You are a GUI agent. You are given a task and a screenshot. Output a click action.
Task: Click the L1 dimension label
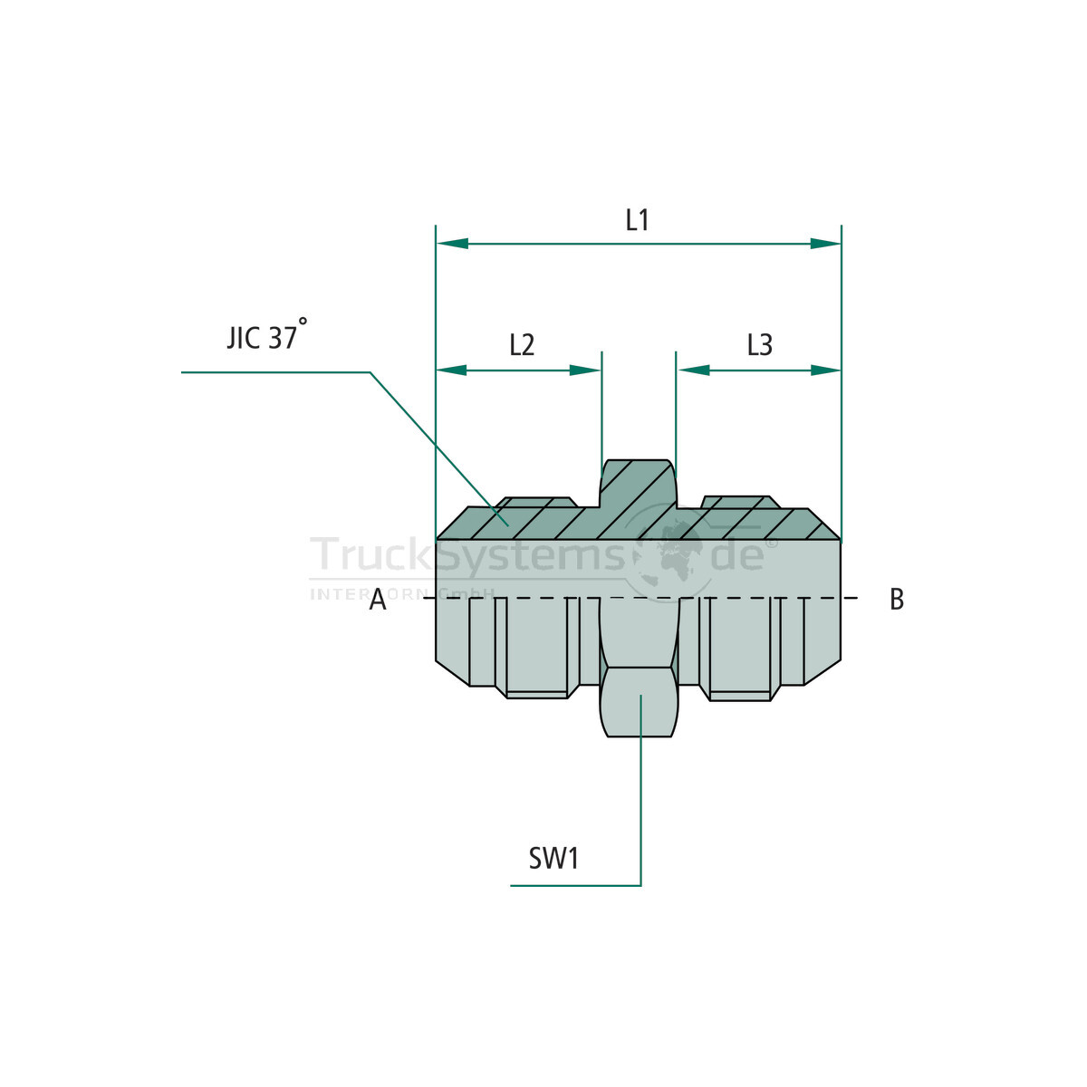637,220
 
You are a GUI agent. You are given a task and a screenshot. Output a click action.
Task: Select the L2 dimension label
521,345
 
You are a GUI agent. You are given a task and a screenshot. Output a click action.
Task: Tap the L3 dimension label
759,345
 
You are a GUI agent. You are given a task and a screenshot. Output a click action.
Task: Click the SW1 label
553,859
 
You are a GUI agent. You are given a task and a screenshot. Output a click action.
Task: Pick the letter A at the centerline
378,600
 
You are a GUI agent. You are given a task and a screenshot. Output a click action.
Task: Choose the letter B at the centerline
897,600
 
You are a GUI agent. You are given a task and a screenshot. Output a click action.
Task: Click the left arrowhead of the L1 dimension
452,244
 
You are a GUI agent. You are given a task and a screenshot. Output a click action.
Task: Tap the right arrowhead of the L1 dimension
824,244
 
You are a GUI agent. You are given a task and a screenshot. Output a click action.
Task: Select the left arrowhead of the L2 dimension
452,370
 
